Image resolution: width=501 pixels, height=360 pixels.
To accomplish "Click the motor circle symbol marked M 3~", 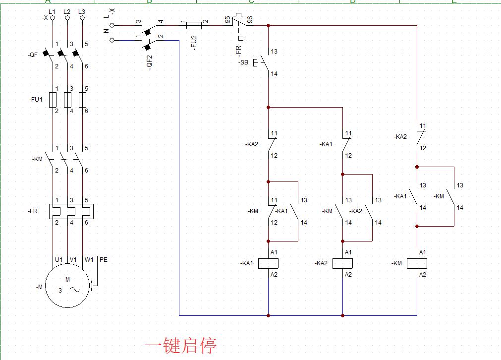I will point(67,287).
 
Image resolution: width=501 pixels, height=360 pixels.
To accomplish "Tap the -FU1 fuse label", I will point(36,99).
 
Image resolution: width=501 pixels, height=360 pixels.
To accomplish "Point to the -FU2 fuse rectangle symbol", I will point(193,25).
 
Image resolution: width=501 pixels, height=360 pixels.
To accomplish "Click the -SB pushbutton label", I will point(243,62).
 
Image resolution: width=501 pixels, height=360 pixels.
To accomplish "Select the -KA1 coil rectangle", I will point(268,263).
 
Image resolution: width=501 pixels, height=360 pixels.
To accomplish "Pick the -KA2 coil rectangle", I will point(342,263).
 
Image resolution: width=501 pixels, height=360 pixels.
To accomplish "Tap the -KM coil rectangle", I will point(417,263).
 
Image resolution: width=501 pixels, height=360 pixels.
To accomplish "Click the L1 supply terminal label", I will point(52,11).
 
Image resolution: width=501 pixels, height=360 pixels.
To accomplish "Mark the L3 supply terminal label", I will point(82,11).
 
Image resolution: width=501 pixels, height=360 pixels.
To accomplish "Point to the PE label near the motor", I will point(103,259).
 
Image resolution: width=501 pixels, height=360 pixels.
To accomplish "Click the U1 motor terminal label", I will point(58,259).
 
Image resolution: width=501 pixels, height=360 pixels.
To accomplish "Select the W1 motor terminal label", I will point(89,259).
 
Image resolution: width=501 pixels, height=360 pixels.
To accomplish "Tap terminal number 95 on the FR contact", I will point(227,19).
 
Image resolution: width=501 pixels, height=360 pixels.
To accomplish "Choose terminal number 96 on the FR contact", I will point(250,19).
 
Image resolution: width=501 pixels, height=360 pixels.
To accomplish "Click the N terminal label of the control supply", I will point(106,31).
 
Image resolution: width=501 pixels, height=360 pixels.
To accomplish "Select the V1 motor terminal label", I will point(73,259).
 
